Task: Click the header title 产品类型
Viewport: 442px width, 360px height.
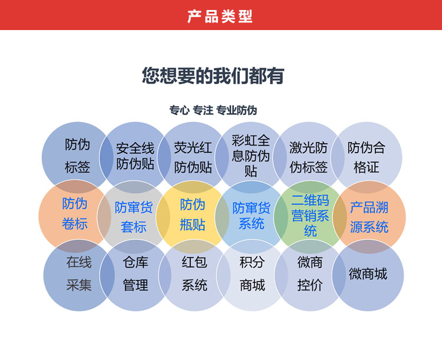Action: (220, 16)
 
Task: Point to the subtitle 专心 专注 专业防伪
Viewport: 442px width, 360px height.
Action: (213, 110)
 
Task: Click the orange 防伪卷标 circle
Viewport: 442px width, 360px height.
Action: (75, 214)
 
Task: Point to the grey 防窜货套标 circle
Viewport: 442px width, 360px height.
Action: (133, 216)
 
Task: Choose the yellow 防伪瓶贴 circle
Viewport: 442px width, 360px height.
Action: (193, 214)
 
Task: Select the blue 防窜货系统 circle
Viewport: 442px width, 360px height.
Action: (251, 216)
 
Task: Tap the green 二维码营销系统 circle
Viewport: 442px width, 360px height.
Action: (310, 216)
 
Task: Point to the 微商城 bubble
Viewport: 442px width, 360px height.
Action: (368, 275)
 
